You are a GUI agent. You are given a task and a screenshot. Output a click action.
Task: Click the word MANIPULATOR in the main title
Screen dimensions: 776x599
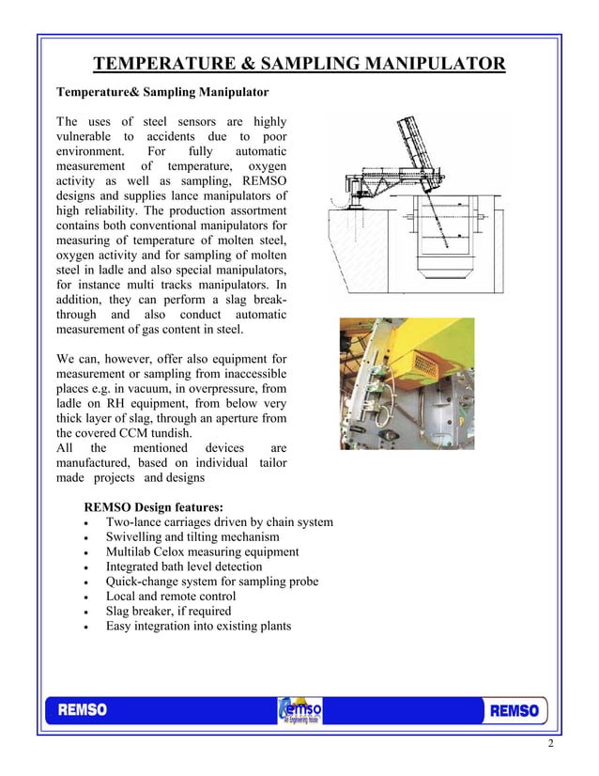(429, 64)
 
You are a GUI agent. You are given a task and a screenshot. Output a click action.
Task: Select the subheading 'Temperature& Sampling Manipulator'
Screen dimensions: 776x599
(162, 92)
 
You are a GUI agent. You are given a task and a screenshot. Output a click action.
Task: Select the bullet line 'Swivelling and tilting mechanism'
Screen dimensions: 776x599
(200, 537)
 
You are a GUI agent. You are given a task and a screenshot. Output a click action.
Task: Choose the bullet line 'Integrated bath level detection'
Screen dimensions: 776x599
(197, 566)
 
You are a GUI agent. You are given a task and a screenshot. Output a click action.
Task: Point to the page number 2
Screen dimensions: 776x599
(551, 745)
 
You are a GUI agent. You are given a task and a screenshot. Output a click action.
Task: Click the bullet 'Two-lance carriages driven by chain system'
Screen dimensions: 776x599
(219, 522)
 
